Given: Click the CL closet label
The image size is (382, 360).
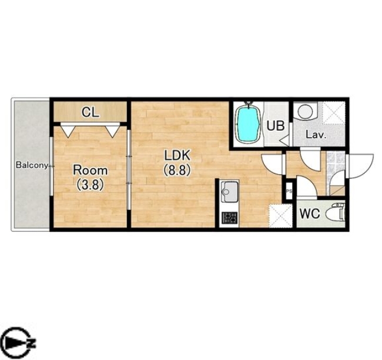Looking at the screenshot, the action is [91, 112].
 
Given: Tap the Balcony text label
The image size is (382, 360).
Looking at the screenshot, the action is [32, 165].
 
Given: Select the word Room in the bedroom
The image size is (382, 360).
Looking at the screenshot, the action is [91, 170].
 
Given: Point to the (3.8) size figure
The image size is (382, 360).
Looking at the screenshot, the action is [91, 184].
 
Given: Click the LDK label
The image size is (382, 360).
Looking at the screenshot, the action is [177, 155].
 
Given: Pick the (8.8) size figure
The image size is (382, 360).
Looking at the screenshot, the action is [177, 170].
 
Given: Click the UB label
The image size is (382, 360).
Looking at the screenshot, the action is [275, 126].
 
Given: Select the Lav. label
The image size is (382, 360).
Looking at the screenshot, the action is [316, 135].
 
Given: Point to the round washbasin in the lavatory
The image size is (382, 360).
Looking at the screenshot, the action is [305, 111].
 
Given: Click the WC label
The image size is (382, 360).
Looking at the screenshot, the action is [310, 214].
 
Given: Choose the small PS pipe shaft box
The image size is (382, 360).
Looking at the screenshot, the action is [289, 191].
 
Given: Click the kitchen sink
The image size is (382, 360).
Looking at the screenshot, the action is [229, 192].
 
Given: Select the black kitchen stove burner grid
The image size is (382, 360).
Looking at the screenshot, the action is [229, 218].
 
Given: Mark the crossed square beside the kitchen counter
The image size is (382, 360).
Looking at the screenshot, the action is [281, 216].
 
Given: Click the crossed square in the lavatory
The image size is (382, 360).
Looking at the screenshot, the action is [334, 113].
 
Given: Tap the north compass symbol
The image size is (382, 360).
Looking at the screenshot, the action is [18, 344].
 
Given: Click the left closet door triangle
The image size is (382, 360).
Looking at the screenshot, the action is [68, 131].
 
